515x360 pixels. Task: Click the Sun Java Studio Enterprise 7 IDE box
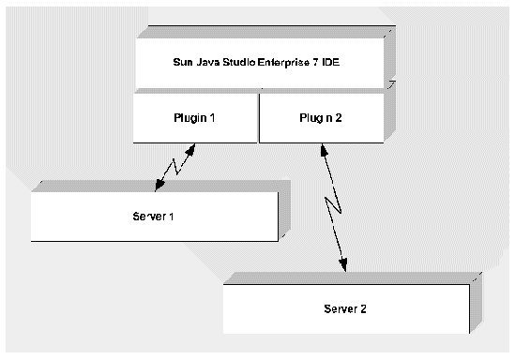tap(260, 64)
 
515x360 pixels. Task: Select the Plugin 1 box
tap(195, 117)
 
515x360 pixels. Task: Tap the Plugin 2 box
tap(320, 117)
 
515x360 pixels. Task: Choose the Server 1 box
tap(154, 217)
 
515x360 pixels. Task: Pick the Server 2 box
tap(345, 307)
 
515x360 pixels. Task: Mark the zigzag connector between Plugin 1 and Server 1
tap(171, 169)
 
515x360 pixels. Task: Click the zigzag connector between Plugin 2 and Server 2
tap(333, 208)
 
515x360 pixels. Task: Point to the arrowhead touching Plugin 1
tap(192, 148)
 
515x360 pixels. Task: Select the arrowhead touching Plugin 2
tap(322, 149)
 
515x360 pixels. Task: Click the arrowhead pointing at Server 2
tap(344, 266)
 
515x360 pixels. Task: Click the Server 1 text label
tap(154, 217)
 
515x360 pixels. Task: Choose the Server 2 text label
tap(345, 307)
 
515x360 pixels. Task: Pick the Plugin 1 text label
tap(195, 117)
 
